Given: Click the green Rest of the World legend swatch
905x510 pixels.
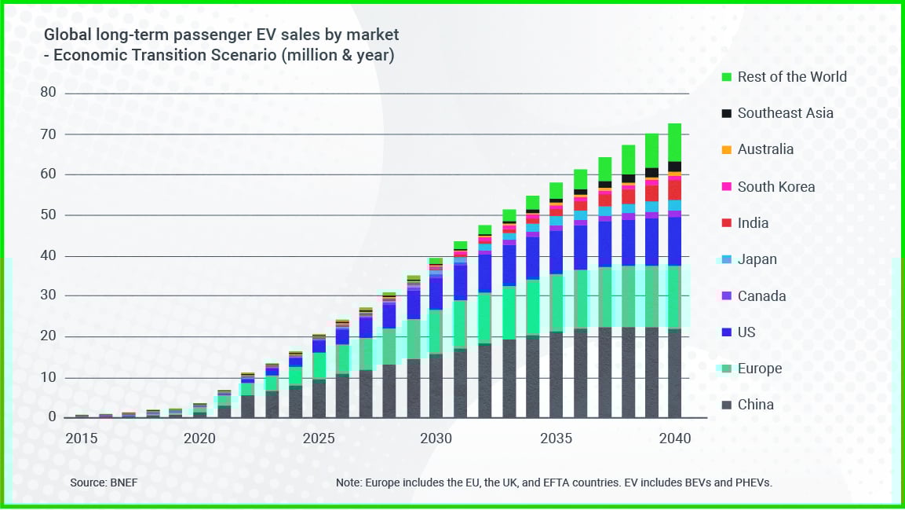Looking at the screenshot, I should [x=725, y=77].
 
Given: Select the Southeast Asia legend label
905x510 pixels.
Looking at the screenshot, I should [x=785, y=113].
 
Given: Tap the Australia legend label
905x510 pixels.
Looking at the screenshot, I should [x=765, y=149].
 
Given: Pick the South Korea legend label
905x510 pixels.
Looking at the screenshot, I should [x=775, y=187].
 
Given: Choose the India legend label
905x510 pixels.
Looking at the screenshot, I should [x=753, y=223].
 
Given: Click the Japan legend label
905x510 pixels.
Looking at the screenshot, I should [x=757, y=259].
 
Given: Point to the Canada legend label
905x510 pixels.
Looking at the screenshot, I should [x=761, y=296].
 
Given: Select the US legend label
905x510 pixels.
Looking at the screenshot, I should [x=746, y=332].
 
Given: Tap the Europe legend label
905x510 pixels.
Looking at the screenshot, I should [x=759, y=369].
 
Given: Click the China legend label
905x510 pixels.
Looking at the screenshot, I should [x=755, y=405].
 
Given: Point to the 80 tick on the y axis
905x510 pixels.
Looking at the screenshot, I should [x=49, y=93].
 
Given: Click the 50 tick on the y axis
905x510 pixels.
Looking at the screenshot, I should [x=49, y=215].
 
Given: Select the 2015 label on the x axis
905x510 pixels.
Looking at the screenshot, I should [x=82, y=438].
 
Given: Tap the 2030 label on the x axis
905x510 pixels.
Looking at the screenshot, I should [x=436, y=438].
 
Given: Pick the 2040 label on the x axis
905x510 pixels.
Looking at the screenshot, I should [x=674, y=438].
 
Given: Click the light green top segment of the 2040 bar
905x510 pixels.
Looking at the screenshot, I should [x=674, y=141].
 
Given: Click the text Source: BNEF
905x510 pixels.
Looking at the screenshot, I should [x=104, y=482].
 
